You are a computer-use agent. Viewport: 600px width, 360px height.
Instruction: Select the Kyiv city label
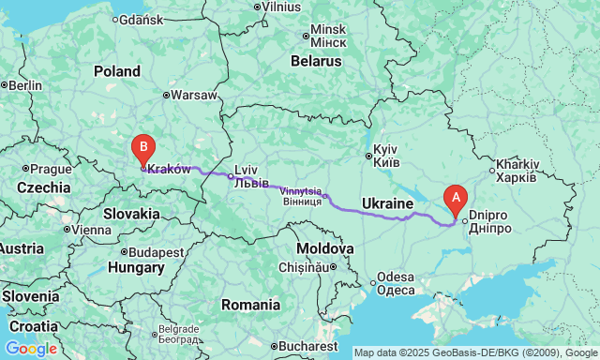coord(386,156)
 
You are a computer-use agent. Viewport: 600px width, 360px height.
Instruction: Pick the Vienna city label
coord(91,230)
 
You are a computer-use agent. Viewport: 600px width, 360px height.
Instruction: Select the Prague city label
coord(50,169)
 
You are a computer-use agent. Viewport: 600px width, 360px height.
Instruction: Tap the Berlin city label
coord(25,85)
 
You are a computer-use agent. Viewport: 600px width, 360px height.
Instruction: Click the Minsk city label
coord(328,36)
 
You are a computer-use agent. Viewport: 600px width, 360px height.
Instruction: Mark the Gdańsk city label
coord(142,19)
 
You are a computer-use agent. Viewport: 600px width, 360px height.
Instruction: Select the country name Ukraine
coord(388,203)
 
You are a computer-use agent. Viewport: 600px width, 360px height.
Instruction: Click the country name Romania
coord(250,305)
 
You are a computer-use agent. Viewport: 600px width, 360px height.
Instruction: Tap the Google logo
coord(30,349)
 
